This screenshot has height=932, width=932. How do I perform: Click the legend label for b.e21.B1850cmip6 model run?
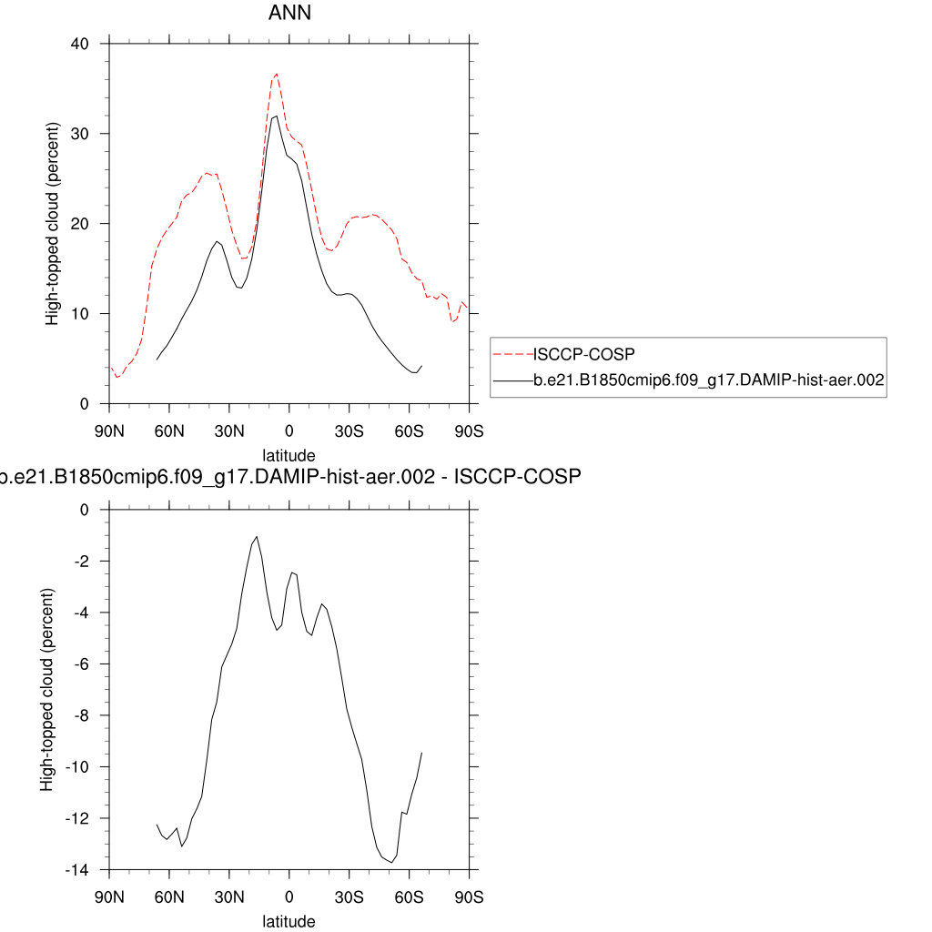[708, 382]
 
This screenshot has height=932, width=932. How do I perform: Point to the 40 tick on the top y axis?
[80, 44]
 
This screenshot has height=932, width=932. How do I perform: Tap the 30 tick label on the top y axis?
[80, 134]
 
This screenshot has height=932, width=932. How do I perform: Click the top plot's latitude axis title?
[289, 454]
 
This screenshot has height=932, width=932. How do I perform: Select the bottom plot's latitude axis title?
[289, 921]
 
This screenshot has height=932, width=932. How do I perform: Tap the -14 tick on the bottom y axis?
[76, 870]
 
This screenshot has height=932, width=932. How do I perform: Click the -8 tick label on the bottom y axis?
[80, 715]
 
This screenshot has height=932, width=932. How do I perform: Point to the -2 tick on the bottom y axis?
[80, 562]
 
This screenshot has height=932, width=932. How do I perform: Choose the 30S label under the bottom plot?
[349, 897]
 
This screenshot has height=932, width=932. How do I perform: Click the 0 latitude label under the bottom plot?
[289, 897]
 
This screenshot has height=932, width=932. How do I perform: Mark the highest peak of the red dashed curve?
[276, 74]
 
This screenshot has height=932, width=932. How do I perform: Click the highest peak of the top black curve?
[276, 116]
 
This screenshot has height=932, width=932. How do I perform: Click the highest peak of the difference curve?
[257, 537]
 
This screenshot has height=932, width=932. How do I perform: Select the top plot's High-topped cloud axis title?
[54, 223]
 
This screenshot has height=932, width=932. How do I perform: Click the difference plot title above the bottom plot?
[289, 477]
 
